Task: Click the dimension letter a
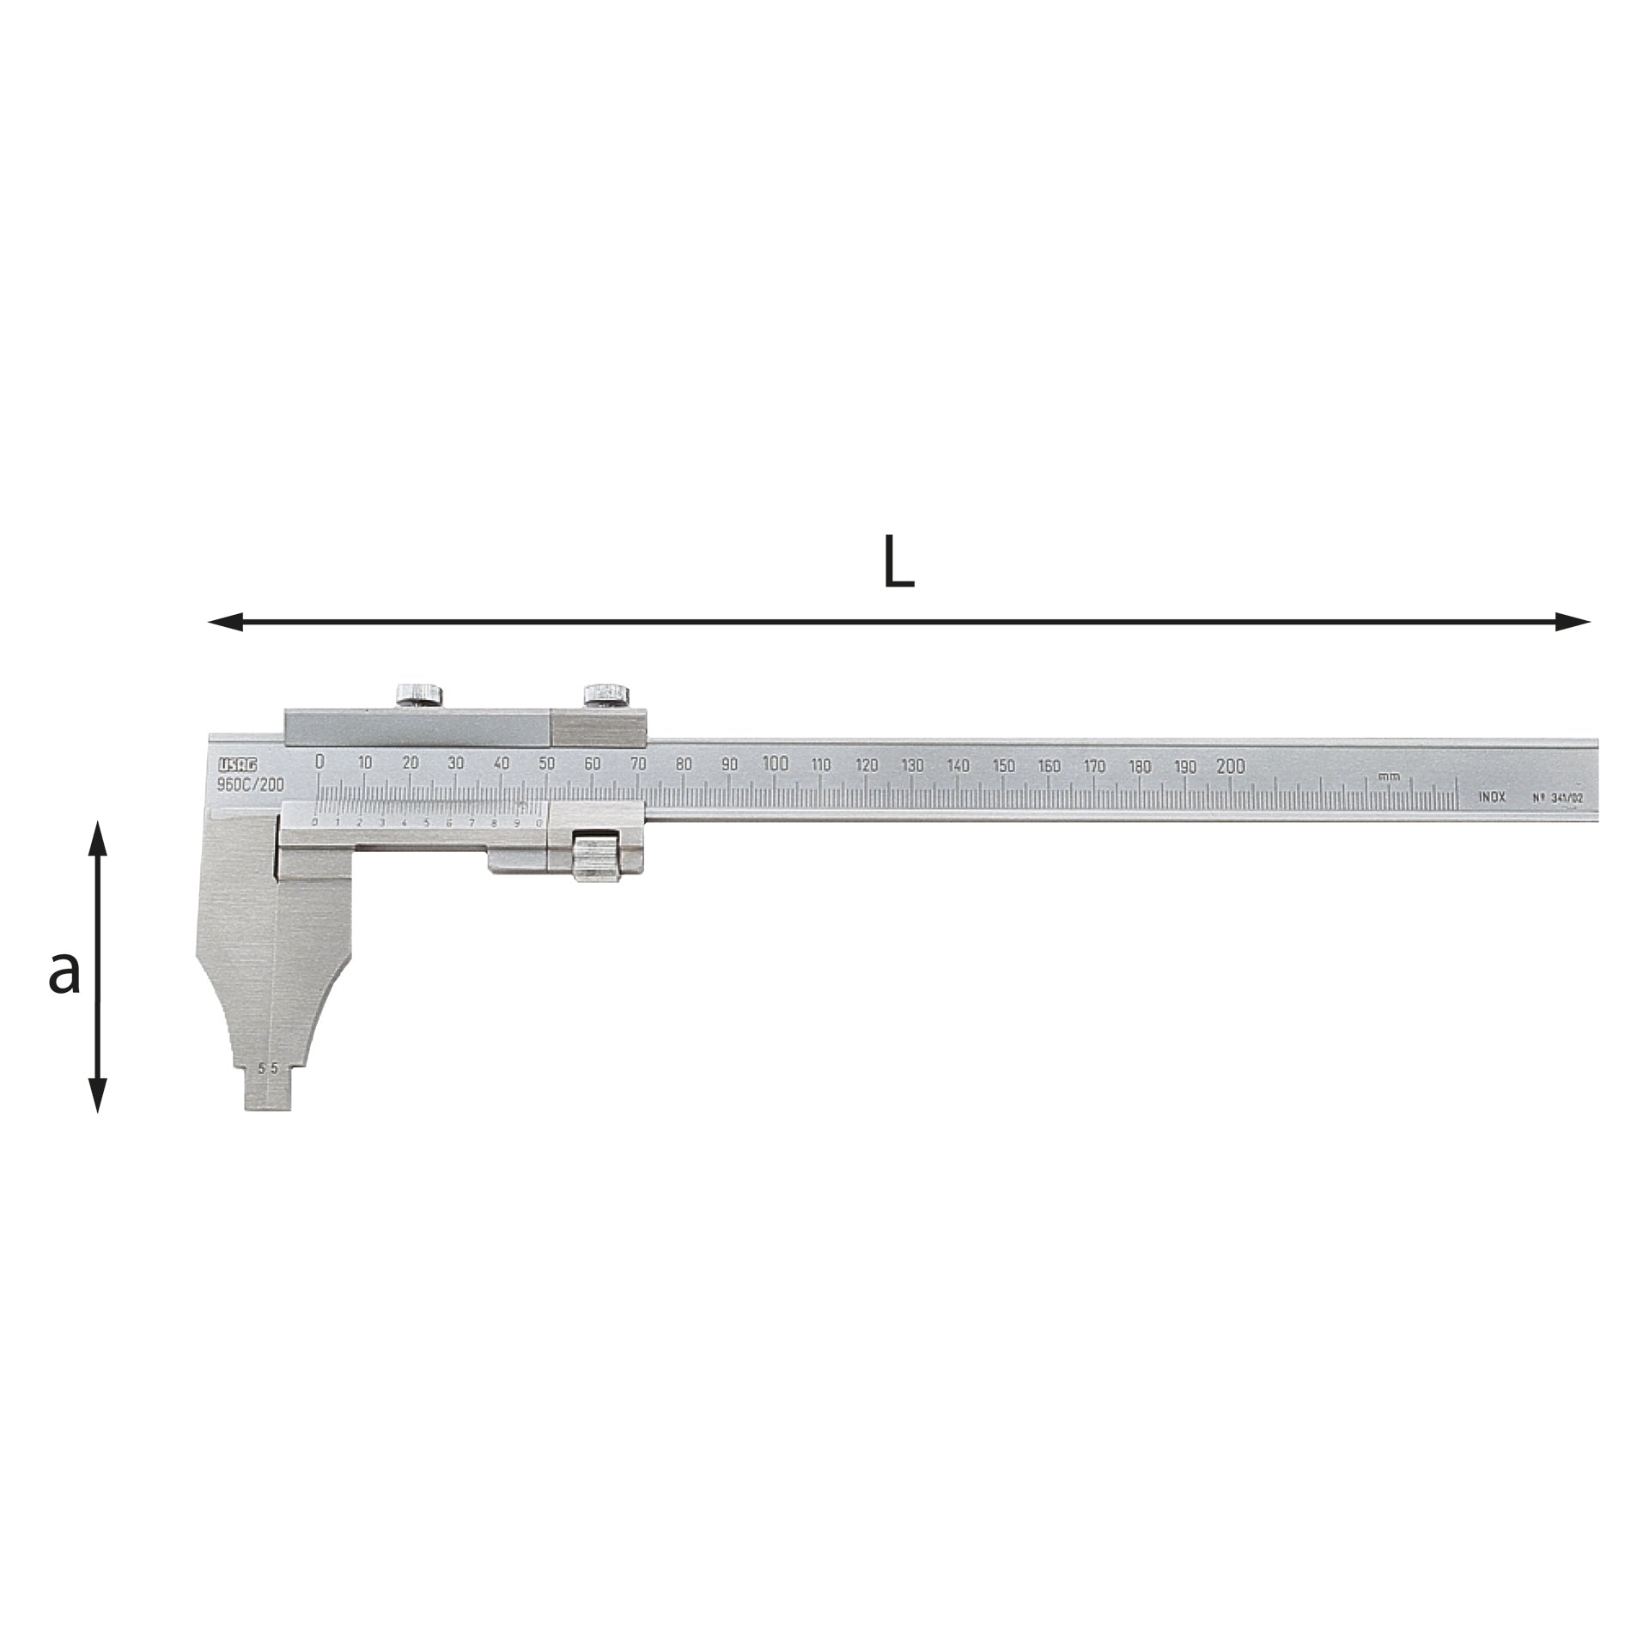point(64,973)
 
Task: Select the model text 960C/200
point(250,785)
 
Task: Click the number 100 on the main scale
point(775,764)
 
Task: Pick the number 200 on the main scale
point(1231,766)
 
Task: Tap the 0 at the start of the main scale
point(319,762)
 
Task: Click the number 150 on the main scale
point(1003,766)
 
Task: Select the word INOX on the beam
point(1492,797)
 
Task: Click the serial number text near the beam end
point(1557,798)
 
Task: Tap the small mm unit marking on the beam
point(1389,776)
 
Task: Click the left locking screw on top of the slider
point(418,694)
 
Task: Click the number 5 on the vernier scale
point(426,823)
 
